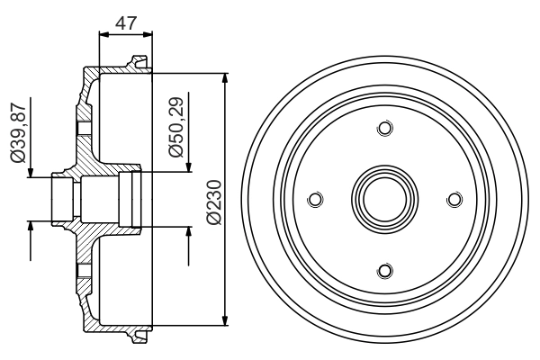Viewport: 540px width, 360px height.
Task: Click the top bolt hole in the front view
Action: pos(384,129)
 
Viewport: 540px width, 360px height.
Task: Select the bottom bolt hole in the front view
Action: pos(384,270)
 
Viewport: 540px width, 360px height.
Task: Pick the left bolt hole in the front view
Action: pos(314,199)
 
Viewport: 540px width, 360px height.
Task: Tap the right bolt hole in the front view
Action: pos(454,199)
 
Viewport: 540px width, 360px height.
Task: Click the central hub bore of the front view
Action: pos(384,199)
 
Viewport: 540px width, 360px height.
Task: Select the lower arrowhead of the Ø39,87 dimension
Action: pos(31,225)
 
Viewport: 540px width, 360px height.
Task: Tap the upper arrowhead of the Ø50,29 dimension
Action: pos(189,166)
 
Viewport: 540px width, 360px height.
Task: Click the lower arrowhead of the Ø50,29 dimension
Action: pos(189,232)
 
